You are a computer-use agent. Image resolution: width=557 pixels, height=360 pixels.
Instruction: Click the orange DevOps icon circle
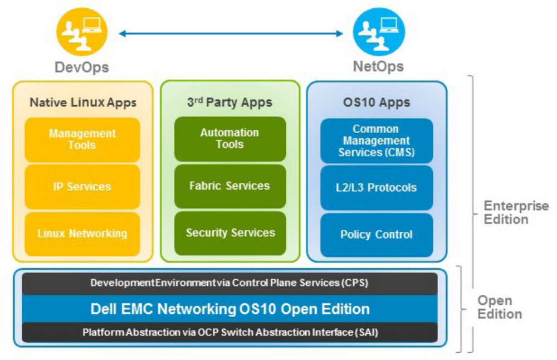(x=81, y=32)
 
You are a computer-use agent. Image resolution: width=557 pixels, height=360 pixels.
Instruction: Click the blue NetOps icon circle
(x=379, y=32)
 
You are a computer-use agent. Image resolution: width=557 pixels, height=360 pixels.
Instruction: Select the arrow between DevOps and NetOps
(x=231, y=34)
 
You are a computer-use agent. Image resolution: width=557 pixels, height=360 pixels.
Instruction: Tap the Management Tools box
(x=82, y=139)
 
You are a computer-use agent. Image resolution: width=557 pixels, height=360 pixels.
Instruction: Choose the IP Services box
(x=82, y=187)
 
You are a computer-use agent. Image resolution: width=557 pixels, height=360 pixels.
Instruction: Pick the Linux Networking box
(x=82, y=233)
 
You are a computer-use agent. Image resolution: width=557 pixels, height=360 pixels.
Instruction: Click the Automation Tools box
(x=230, y=139)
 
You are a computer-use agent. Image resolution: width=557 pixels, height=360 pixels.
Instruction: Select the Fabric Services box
(x=230, y=186)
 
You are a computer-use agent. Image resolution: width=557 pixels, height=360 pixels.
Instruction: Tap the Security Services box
(x=230, y=233)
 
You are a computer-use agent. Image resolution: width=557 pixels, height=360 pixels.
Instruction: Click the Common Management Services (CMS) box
(x=377, y=140)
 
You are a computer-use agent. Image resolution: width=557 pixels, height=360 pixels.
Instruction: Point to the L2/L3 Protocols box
(x=377, y=188)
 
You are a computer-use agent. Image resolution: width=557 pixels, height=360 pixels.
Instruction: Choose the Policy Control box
(x=377, y=235)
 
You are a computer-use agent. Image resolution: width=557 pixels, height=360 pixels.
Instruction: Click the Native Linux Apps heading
(x=83, y=103)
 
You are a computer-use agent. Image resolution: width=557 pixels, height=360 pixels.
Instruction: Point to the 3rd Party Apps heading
(x=229, y=103)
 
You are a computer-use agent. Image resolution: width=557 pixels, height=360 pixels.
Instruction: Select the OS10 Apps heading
(x=377, y=103)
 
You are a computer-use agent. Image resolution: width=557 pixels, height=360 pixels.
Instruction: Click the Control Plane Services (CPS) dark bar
(x=229, y=283)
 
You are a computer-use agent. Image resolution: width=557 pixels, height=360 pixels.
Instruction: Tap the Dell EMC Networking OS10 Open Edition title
(x=229, y=309)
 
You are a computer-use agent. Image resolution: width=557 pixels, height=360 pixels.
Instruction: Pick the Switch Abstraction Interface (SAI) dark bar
(x=229, y=333)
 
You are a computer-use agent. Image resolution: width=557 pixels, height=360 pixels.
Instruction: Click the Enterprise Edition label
(x=516, y=212)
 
